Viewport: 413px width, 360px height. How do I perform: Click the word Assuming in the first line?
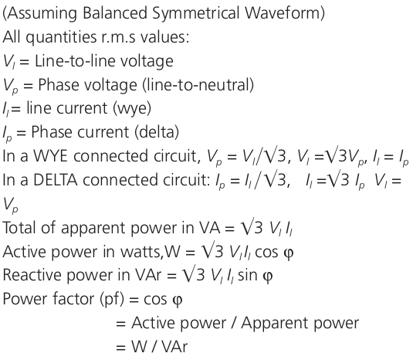coord(39,13)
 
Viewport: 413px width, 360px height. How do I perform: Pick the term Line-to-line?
coord(66,61)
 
